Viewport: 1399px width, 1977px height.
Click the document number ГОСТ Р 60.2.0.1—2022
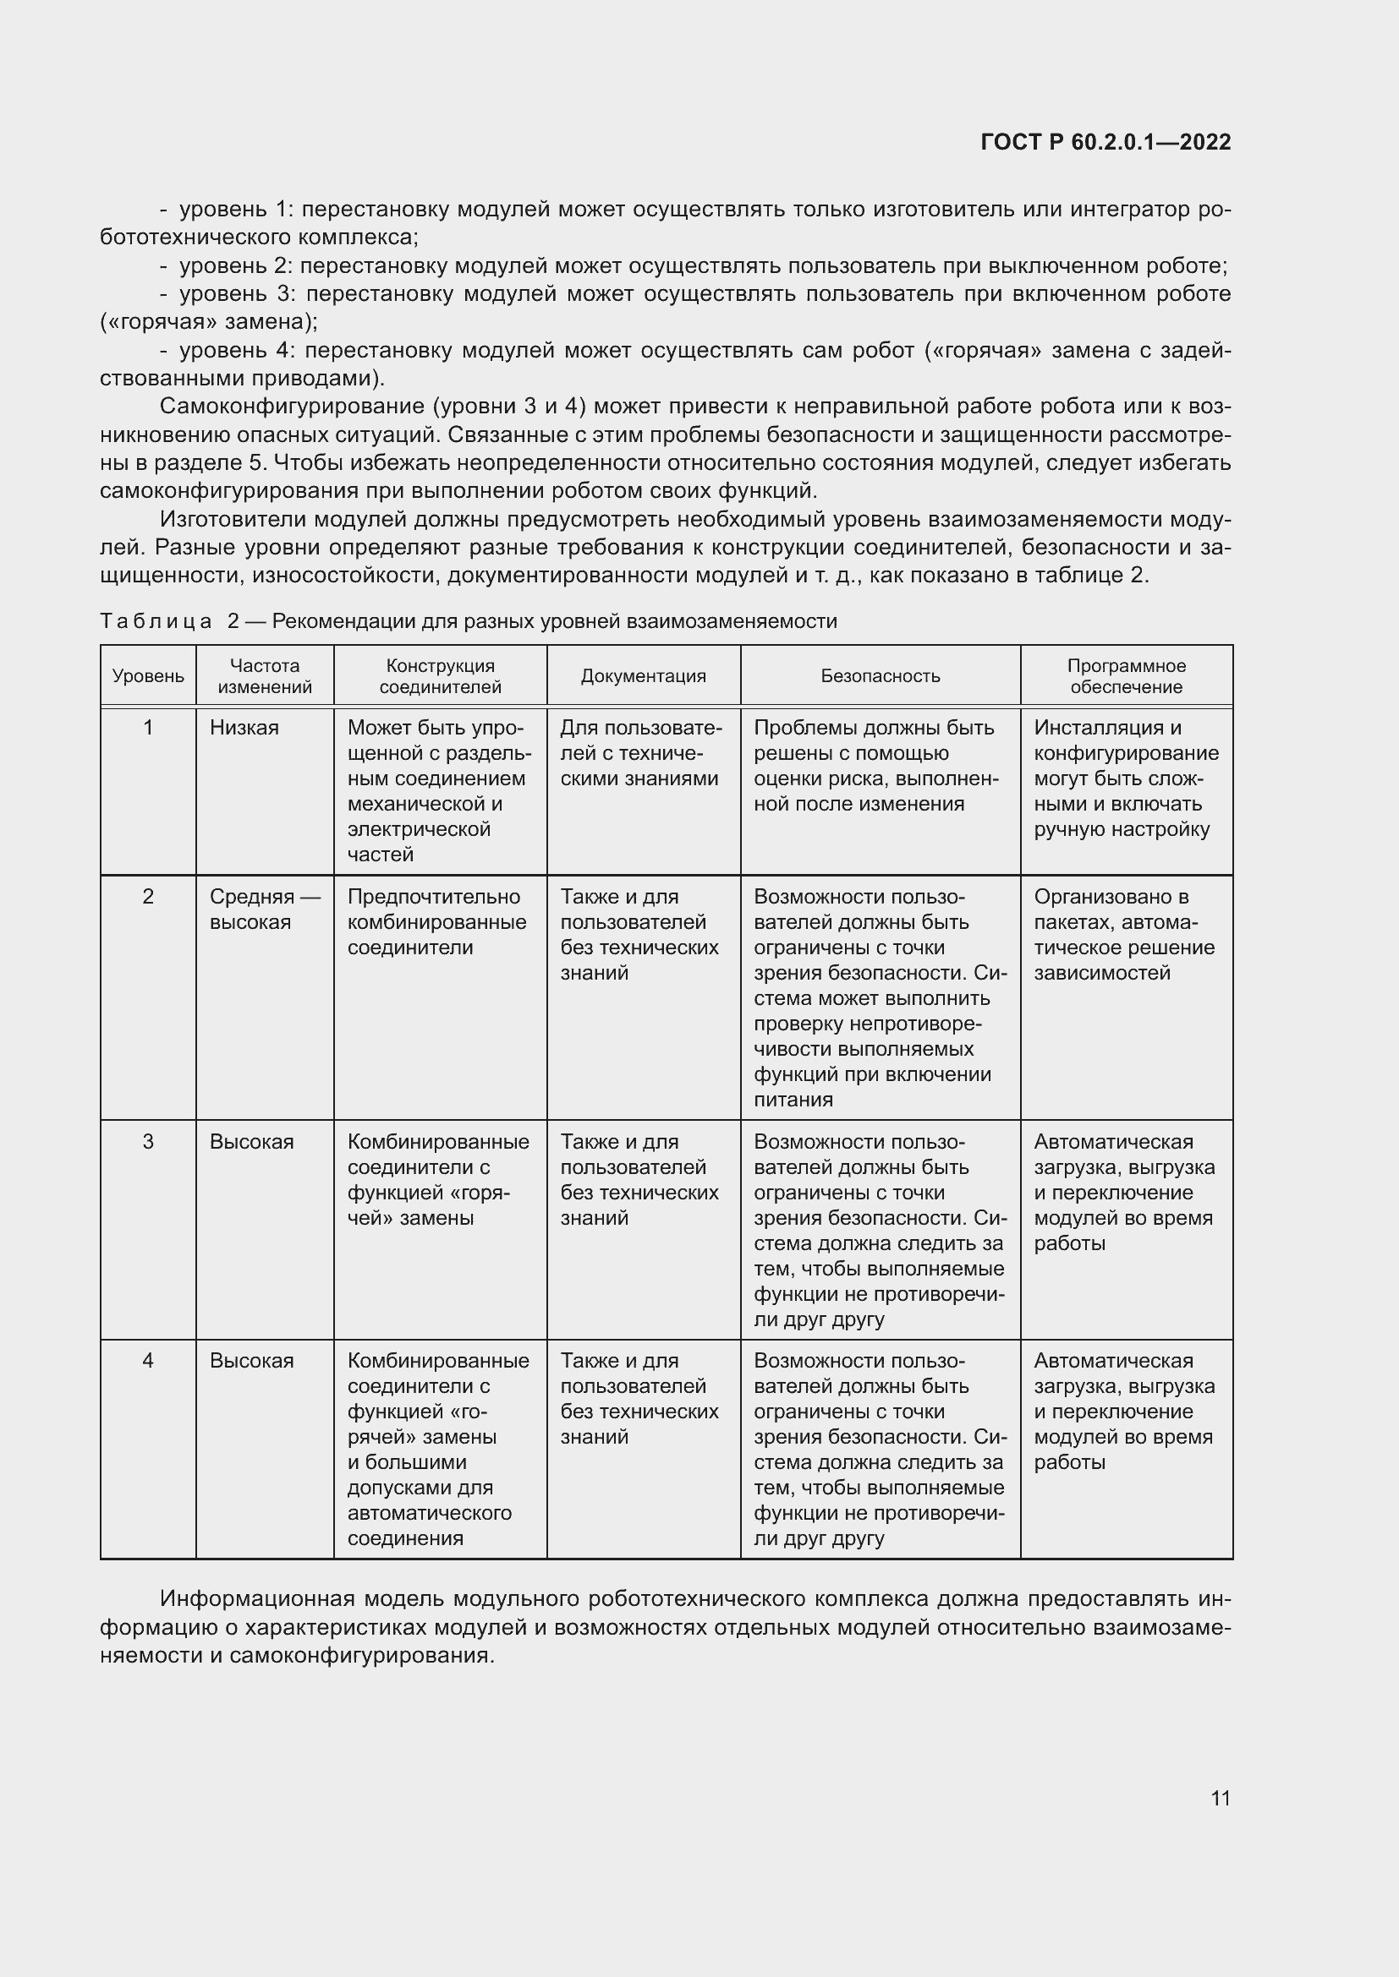tap(1105, 142)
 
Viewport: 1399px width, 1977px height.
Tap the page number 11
tap(1220, 1798)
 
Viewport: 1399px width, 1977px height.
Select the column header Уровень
tap(148, 676)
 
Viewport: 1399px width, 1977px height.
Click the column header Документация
tap(643, 676)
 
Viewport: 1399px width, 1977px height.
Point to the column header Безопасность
tap(880, 676)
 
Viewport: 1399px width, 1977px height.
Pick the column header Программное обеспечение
tap(1126, 676)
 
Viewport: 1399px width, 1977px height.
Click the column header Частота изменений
tap(265, 676)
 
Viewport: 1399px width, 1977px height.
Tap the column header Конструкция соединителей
tap(440, 676)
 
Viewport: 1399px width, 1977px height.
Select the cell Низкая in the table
tap(244, 728)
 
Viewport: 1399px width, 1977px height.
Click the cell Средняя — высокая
tap(264, 909)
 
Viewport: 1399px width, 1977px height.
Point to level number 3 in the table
tap(148, 1142)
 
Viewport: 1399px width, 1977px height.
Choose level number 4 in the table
tap(148, 1361)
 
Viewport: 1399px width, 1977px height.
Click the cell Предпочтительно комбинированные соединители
tap(436, 922)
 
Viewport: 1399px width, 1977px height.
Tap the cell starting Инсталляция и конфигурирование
tap(1126, 778)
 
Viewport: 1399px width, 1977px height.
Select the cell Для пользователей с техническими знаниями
tap(640, 753)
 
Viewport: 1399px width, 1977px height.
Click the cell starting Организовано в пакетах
tap(1123, 935)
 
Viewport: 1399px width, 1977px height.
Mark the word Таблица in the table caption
tap(156, 622)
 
